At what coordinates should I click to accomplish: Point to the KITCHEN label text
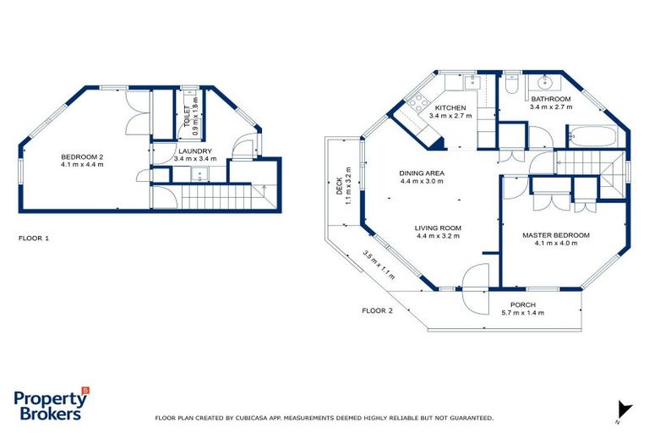450,108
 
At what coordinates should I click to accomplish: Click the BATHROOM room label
550,100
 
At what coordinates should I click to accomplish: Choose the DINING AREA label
422,173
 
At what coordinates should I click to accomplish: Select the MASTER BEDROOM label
555,234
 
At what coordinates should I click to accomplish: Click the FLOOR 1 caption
34,238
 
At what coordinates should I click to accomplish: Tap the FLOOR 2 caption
378,311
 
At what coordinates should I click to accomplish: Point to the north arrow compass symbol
624,409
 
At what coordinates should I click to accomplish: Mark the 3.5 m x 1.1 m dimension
379,264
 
